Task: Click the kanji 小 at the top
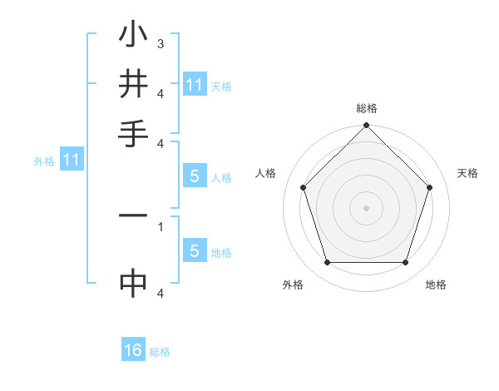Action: [x=133, y=35]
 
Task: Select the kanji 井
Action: [x=133, y=84]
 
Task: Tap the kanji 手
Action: [x=133, y=133]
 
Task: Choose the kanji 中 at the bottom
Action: [x=133, y=283]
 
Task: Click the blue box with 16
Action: [x=133, y=351]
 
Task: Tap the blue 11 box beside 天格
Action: [x=195, y=85]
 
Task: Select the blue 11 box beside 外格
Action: [x=71, y=160]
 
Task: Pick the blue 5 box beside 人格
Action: [x=195, y=176]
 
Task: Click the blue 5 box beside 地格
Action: [x=195, y=251]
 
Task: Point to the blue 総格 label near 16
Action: [x=160, y=352]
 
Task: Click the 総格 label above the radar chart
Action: [x=367, y=108]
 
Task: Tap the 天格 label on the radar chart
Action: [x=467, y=173]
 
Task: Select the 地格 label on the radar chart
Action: [x=436, y=285]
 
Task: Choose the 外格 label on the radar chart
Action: [x=293, y=285]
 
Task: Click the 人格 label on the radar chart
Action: [x=266, y=173]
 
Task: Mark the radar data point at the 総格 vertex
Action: [x=367, y=126]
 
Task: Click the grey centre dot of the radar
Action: [x=367, y=207]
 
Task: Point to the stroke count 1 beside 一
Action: [x=161, y=225]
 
